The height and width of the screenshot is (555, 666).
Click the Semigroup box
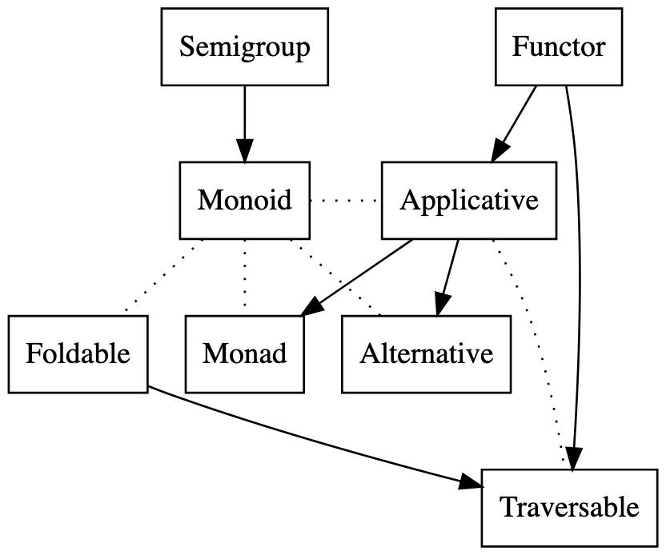click(244, 47)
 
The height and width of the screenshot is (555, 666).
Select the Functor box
click(558, 47)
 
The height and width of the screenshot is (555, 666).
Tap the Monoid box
click(244, 200)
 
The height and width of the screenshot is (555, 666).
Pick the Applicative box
click(468, 200)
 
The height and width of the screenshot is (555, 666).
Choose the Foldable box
click(78, 353)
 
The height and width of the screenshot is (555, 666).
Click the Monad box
click(244, 353)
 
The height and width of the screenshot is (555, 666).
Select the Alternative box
click(426, 353)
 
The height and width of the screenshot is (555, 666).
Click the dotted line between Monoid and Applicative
click(345, 200)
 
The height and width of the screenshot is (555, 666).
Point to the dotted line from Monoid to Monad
click(244, 276)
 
